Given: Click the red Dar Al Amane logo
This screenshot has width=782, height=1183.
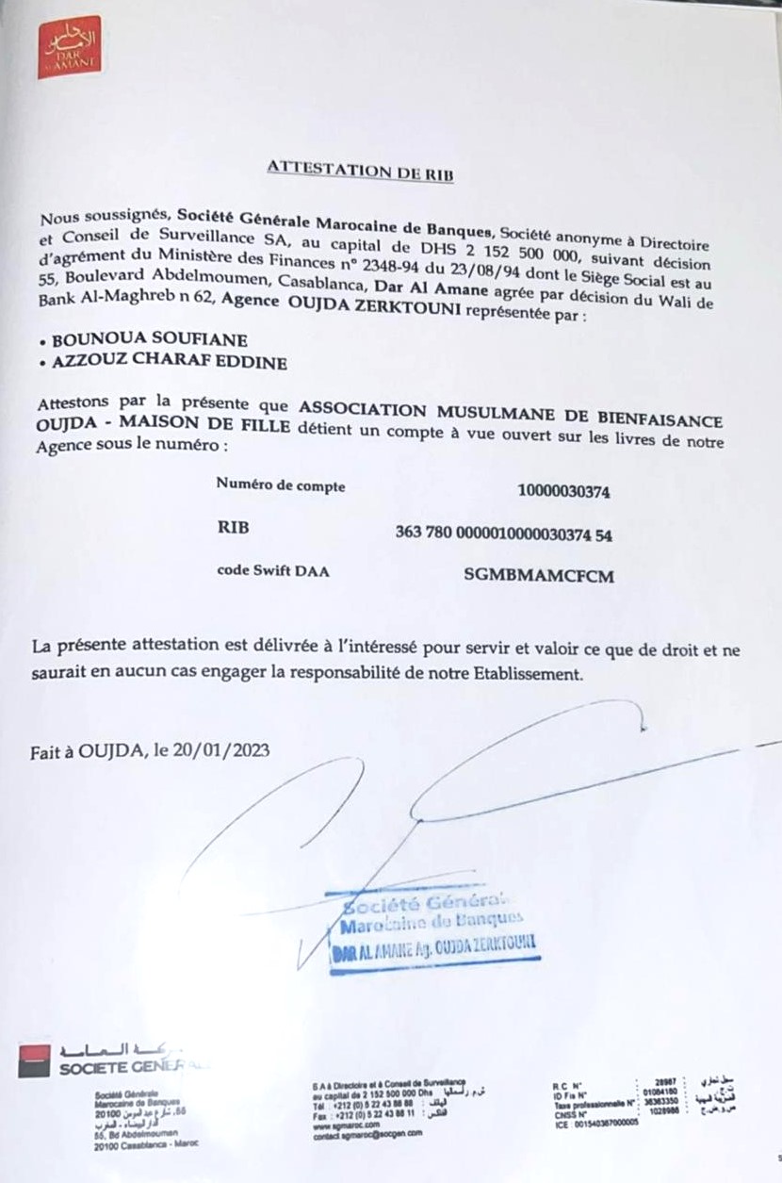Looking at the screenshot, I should pos(69,47).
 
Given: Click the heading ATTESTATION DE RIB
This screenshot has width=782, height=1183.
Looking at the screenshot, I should pos(362,170).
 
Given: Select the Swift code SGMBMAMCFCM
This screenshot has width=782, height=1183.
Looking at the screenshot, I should pos(539,575).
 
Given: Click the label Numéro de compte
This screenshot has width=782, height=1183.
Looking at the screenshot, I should pos(280,485).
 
